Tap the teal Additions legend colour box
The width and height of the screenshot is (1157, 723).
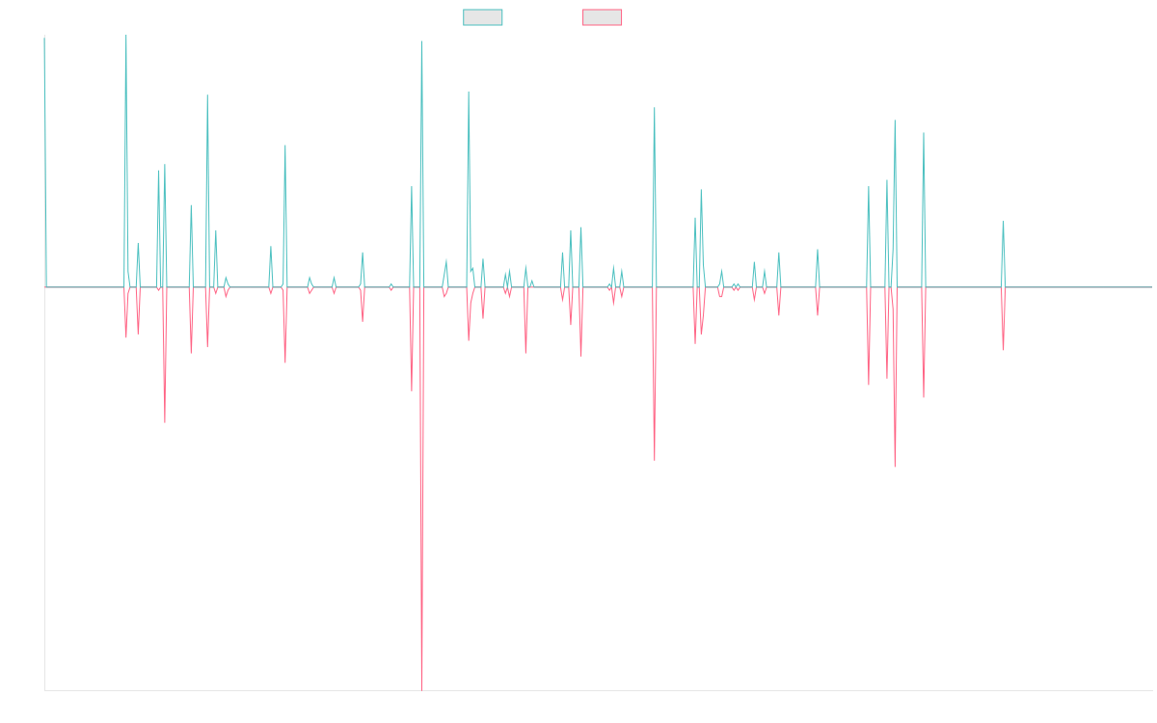pos(483,17)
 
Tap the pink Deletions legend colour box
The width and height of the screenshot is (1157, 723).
pos(602,17)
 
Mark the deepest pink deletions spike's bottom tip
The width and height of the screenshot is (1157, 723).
pos(422,688)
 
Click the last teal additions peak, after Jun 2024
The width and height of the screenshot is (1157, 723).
pos(1004,222)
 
